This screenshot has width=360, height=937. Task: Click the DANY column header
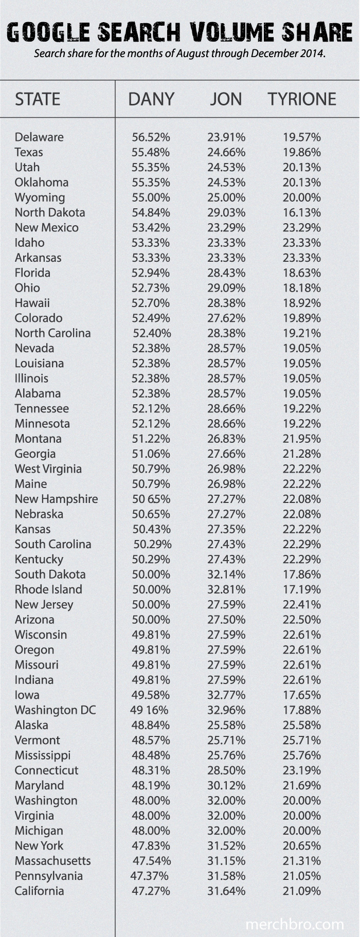[151, 99]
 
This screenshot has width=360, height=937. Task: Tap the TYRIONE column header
[302, 99]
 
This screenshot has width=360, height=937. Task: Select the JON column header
[226, 99]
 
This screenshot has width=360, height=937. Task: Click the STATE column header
[38, 99]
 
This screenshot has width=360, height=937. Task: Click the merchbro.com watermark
[294, 924]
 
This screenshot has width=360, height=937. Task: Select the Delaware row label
[39, 137]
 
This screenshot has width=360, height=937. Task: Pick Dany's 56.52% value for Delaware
[151, 137]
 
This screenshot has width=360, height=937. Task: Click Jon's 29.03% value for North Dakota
[226, 212]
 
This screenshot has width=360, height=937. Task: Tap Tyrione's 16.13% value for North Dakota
[302, 212]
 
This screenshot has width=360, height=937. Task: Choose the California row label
[39, 891]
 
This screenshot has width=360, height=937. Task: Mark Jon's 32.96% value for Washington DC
[226, 710]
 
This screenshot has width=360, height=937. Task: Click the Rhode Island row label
[48, 589]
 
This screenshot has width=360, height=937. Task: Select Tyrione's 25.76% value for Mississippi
[302, 755]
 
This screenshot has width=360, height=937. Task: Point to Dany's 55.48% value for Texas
[151, 152]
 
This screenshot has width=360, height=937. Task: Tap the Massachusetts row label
[52, 861]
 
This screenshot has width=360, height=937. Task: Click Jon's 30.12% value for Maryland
[226, 786]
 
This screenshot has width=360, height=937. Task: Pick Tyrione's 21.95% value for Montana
[302, 439]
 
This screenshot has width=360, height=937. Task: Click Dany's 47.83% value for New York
[151, 846]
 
